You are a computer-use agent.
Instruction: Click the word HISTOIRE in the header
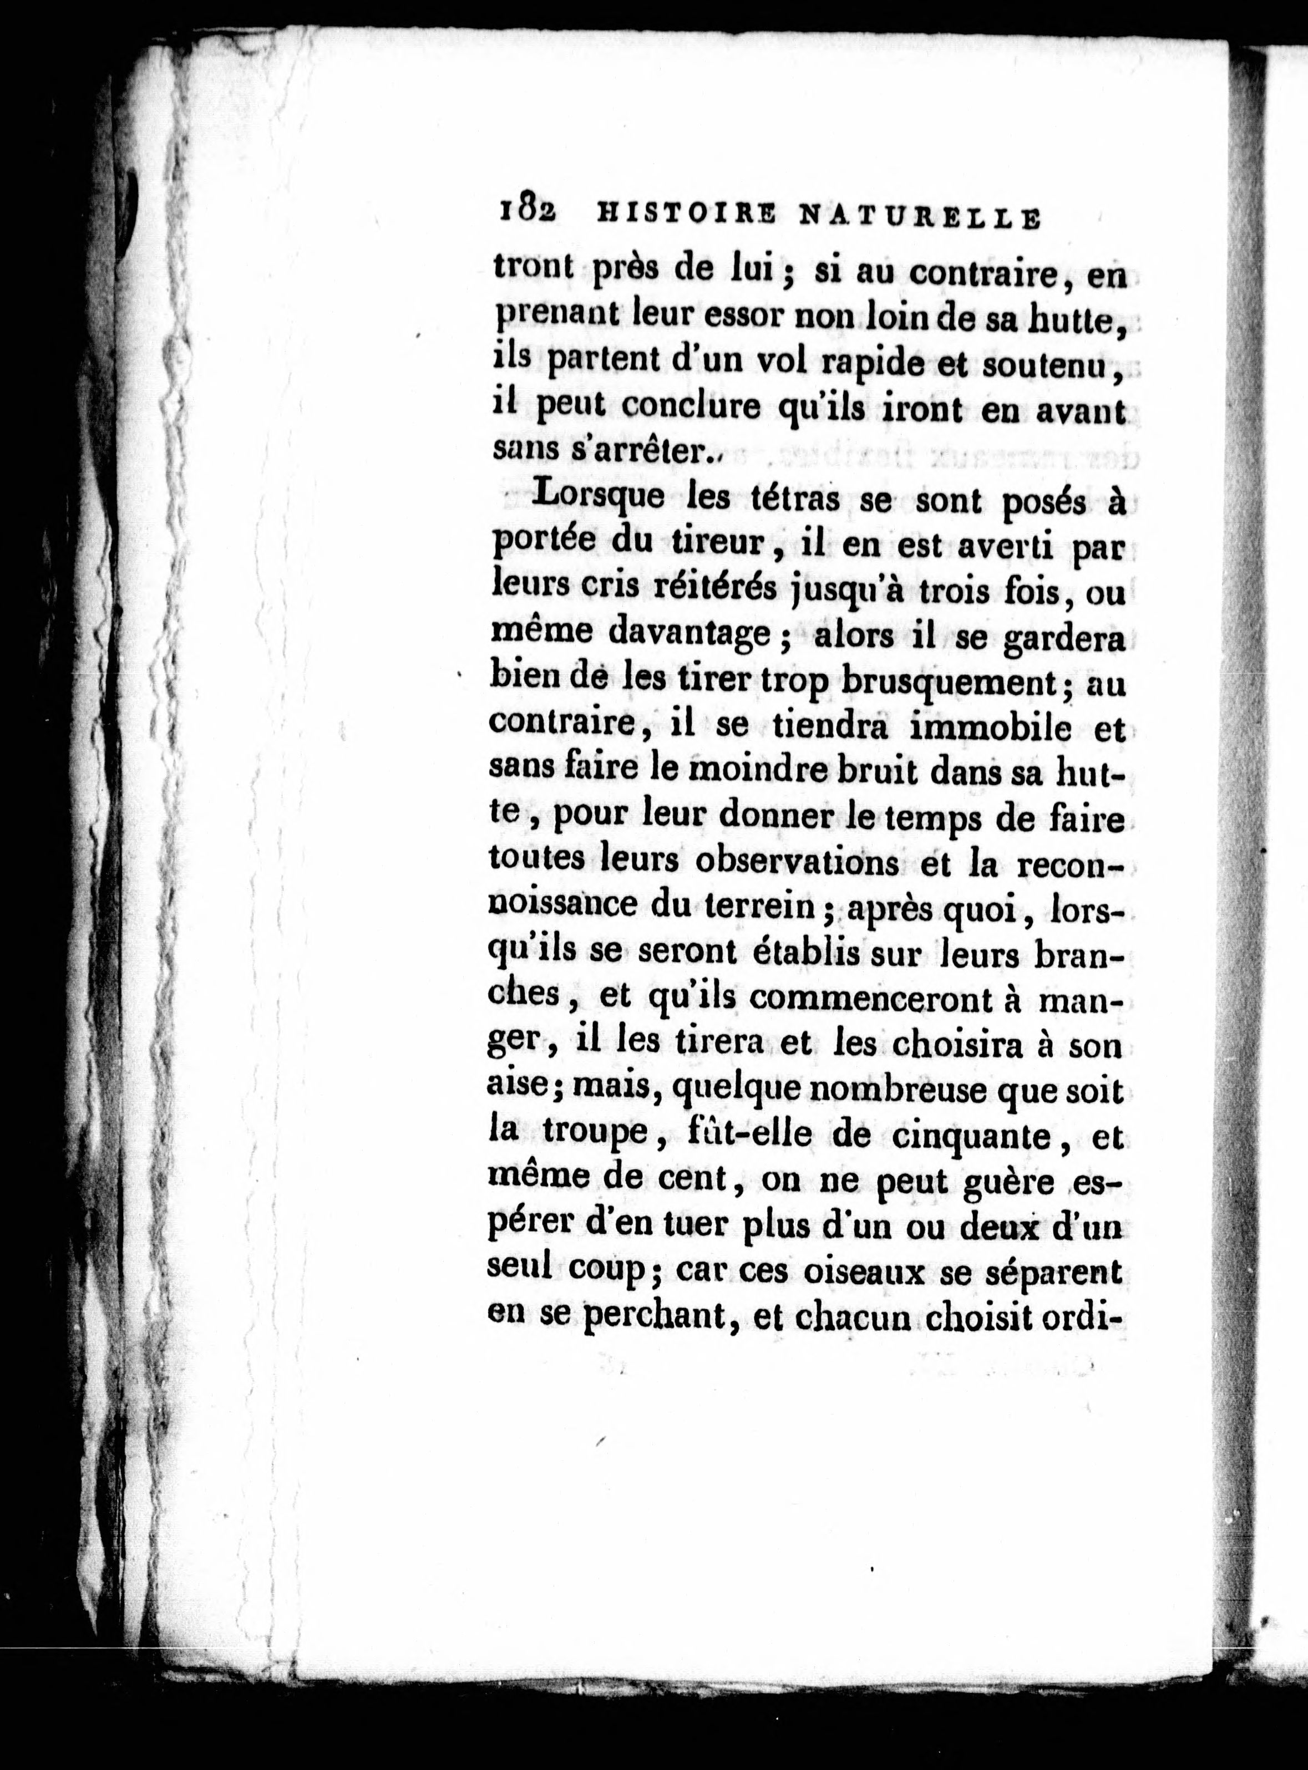pyautogui.click(x=684, y=215)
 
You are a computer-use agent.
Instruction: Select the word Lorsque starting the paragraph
pyautogui.click(x=600, y=500)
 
